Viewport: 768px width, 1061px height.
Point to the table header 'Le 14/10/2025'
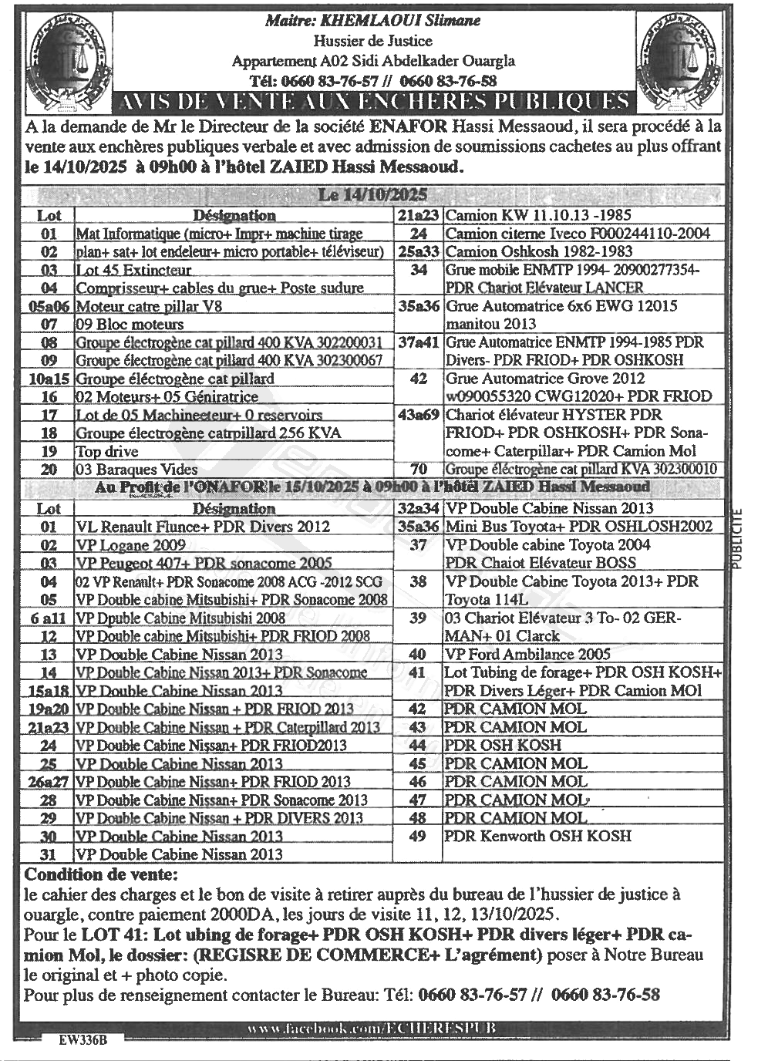tap(372, 196)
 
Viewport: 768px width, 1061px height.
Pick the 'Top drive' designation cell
tap(107, 451)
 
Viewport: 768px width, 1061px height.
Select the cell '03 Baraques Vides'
tap(136, 470)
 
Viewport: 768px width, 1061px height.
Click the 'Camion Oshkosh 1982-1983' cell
tap(539, 252)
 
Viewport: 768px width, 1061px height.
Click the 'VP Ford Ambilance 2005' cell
tap(528, 655)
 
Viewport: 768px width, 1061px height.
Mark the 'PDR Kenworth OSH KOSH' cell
tap(537, 836)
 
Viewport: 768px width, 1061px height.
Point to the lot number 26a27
tap(49, 782)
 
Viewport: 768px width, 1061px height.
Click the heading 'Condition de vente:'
tap(101, 875)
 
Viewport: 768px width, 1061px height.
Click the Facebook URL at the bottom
tap(372, 1029)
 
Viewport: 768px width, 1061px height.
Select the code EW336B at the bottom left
tap(83, 1039)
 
